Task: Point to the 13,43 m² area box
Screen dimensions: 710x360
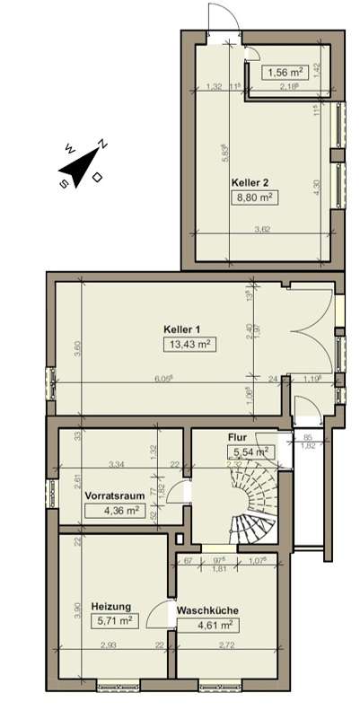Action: [x=189, y=344]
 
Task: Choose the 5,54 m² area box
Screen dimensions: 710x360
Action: [x=250, y=453]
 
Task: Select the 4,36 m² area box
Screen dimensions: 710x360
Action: [x=119, y=511]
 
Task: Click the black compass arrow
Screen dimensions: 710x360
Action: [x=80, y=169]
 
